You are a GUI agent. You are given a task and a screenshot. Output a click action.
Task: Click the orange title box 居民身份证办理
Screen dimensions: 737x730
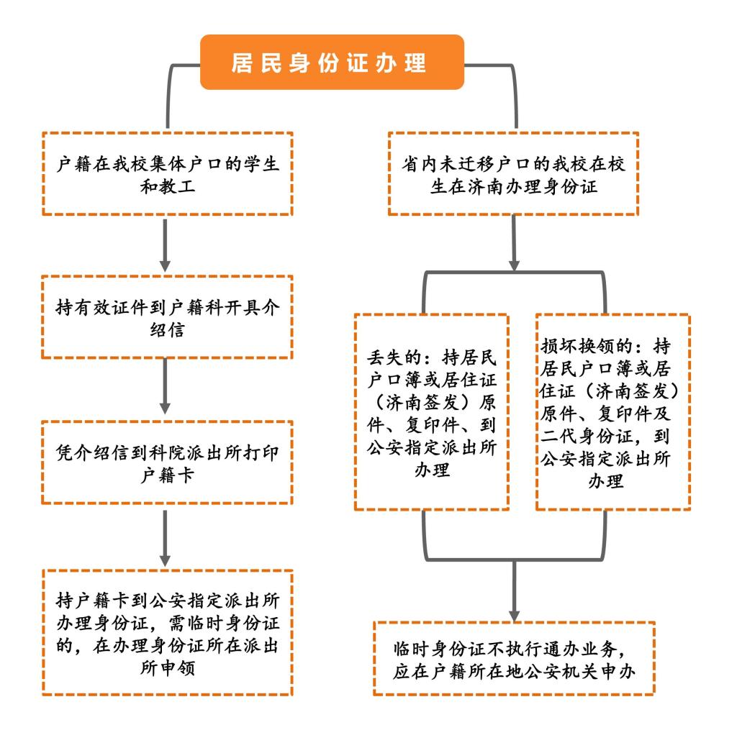[332, 62]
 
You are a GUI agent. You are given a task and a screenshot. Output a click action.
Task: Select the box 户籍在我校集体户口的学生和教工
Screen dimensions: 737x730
[167, 174]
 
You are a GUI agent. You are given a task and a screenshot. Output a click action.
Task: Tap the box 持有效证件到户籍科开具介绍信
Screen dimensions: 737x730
[167, 317]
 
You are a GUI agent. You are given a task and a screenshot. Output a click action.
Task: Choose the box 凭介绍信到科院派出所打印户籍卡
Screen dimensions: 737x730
[167, 462]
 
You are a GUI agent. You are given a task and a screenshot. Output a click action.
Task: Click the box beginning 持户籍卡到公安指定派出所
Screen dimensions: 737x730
[167, 632]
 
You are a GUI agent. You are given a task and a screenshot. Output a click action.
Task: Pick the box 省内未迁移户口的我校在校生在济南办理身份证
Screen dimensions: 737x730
[513, 174]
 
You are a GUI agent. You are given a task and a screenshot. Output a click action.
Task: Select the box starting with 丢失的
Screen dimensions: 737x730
[432, 412]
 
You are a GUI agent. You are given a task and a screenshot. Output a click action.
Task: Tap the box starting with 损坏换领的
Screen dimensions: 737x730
[613, 412]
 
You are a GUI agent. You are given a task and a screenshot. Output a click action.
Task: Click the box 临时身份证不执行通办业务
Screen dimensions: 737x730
[514, 658]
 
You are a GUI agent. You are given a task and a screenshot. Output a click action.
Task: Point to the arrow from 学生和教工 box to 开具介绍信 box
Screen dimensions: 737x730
[165, 245]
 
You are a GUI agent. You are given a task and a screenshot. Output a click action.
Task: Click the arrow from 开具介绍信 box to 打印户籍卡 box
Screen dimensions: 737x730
[165, 386]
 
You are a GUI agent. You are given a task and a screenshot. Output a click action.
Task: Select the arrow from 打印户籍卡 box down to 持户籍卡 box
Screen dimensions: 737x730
[165, 539]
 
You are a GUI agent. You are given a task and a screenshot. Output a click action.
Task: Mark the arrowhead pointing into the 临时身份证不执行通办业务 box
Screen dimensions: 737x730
[515, 616]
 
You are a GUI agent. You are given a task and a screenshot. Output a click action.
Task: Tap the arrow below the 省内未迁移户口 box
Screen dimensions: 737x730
[514, 243]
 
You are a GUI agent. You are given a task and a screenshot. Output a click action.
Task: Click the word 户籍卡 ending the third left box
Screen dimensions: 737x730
[167, 475]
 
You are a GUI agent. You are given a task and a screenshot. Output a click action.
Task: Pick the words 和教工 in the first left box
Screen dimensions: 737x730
[167, 186]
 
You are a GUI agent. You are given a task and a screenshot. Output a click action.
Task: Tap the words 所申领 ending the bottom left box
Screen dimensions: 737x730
[167, 667]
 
